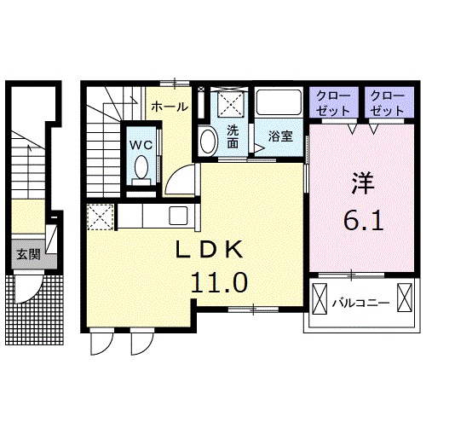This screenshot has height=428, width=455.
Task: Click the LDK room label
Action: pos(210,250)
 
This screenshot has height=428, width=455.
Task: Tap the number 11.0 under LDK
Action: pos(219,282)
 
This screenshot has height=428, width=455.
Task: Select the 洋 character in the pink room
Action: pos(363,183)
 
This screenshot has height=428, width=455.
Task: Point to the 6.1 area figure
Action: pos(364,220)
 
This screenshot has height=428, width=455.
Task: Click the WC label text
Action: pos(141,145)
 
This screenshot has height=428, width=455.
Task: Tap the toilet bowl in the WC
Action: pos(141,167)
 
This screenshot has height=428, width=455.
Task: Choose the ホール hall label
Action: pos(170,107)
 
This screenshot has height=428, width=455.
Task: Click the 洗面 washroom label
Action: pos(233,136)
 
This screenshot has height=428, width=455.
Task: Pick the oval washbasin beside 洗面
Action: pos(209,142)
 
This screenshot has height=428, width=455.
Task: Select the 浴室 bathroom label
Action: pos(280,136)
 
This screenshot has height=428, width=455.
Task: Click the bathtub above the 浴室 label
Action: pos(279,102)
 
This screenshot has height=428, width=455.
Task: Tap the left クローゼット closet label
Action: pos(333,103)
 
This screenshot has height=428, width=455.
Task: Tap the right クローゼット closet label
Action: pos(388,103)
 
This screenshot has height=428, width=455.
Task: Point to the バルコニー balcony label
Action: pos(360,304)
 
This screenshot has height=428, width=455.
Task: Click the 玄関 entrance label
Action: pos(28,255)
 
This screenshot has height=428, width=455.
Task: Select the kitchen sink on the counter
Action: pos(178,216)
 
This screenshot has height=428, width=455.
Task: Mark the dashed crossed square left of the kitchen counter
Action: pos(100,217)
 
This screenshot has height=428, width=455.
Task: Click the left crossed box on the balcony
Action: pos(320,298)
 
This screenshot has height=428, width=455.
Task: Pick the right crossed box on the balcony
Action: pos(405,298)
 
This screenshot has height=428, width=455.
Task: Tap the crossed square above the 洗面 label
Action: pos(231,102)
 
